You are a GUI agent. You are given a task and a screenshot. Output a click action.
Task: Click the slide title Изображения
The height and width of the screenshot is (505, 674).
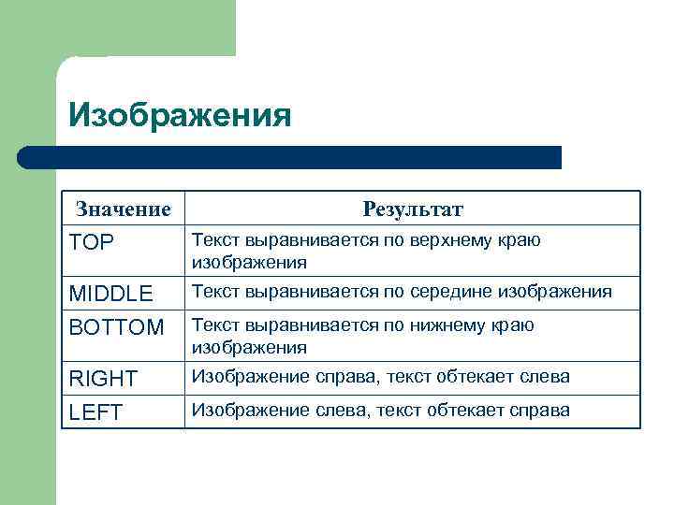pyautogui.click(x=180, y=115)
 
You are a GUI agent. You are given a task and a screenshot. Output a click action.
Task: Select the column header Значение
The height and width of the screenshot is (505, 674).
pyautogui.click(x=124, y=208)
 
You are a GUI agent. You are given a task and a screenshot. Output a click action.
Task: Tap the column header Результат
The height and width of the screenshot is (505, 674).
pyautogui.click(x=413, y=208)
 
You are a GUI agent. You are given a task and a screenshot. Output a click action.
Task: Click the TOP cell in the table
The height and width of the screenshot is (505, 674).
pyautogui.click(x=92, y=242)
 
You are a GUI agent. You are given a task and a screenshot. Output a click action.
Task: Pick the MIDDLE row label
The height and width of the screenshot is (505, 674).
pyautogui.click(x=111, y=294)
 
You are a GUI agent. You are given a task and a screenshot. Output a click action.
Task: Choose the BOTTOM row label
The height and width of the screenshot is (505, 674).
pyautogui.click(x=117, y=327)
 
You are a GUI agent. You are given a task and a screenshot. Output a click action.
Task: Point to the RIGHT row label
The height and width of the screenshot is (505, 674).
pyautogui.click(x=104, y=379)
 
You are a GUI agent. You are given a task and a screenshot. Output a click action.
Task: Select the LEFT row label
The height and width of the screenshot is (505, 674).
pyautogui.click(x=96, y=412)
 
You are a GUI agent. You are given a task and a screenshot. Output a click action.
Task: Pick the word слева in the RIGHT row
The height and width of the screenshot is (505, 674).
pyautogui.click(x=544, y=377)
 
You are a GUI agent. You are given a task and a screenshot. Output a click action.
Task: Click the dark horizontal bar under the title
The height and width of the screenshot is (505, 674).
pyautogui.click(x=290, y=157)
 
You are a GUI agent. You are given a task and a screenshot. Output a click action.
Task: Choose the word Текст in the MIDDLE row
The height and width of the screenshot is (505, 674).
pyautogui.click(x=213, y=292)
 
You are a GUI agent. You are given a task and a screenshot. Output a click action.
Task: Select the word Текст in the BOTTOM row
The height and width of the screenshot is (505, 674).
pyautogui.click(x=213, y=325)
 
